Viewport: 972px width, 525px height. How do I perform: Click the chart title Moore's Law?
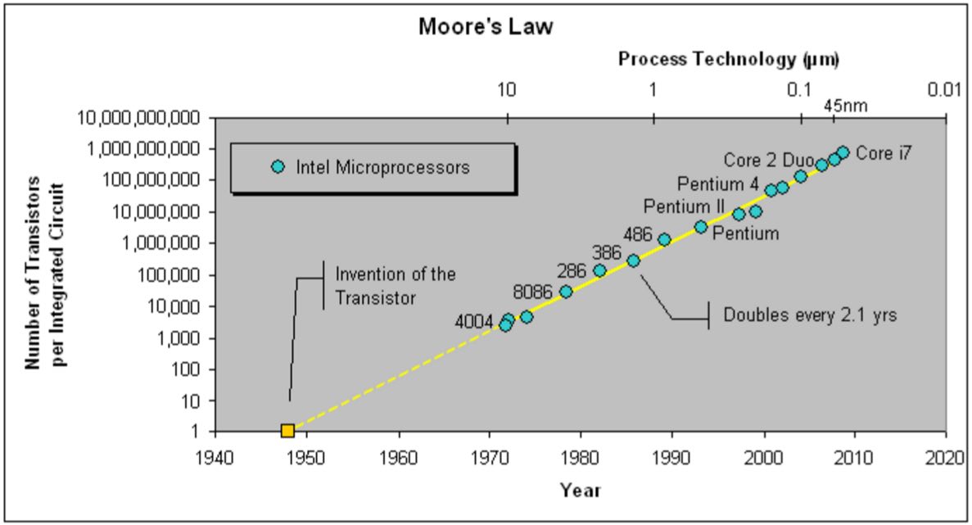click(x=486, y=26)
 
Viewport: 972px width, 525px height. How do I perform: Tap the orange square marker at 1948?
click(x=287, y=431)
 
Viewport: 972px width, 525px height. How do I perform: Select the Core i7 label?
click(x=884, y=152)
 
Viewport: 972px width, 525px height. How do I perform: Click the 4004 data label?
click(x=474, y=322)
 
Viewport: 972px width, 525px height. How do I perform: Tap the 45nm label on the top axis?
click(x=845, y=106)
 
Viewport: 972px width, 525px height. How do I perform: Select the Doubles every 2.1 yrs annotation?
click(x=809, y=315)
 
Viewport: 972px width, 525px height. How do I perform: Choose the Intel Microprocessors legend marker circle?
click(x=278, y=167)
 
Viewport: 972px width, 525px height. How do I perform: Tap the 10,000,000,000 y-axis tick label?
click(x=139, y=118)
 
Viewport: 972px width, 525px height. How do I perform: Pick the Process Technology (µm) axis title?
click(x=729, y=59)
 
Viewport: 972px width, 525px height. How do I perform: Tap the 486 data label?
click(x=637, y=234)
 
